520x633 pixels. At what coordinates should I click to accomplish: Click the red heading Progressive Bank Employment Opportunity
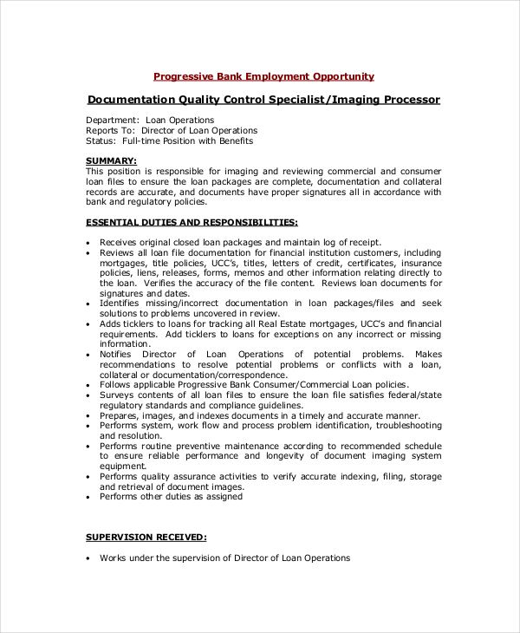(263, 76)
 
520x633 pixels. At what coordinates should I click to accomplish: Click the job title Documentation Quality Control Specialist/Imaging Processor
(263, 100)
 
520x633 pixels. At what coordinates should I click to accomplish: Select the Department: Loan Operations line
(150, 120)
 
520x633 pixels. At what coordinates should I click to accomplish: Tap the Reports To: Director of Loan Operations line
(172, 130)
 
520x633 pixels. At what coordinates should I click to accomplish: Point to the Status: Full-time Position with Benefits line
(170, 140)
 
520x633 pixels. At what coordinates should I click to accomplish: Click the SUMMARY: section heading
(111, 160)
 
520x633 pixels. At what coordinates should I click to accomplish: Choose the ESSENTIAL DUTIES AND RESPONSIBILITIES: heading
(192, 222)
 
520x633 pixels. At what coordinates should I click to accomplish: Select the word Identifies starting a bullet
(120, 303)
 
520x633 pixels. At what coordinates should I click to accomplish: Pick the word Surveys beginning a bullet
(117, 395)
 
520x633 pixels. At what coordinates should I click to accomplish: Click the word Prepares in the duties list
(119, 415)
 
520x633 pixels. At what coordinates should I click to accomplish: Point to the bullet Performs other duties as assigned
(171, 497)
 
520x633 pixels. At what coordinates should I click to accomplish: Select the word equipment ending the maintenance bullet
(120, 466)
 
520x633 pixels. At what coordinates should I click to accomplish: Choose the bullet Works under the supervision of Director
(224, 558)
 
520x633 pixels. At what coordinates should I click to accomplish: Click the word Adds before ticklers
(110, 323)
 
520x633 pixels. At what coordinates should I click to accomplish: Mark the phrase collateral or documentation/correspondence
(181, 375)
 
